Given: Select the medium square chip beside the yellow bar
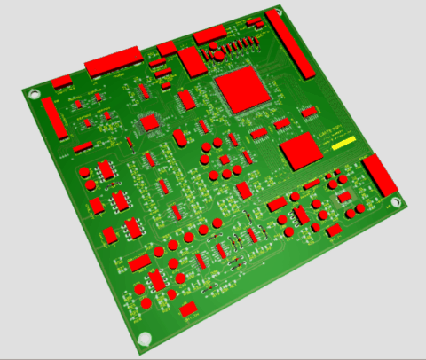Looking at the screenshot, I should click(300, 153).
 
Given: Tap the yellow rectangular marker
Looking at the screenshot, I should click(343, 142).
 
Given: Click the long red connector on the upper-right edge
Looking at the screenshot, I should click(289, 46).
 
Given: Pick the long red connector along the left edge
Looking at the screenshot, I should click(53, 118).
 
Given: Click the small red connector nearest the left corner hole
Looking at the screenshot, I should click(61, 81).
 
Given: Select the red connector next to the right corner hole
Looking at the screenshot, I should click(380, 174).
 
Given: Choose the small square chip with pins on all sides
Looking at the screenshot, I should click(151, 121).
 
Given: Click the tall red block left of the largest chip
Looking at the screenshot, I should click(191, 61).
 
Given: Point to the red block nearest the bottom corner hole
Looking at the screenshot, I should click(189, 309).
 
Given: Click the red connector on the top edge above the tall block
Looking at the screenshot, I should click(210, 35).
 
